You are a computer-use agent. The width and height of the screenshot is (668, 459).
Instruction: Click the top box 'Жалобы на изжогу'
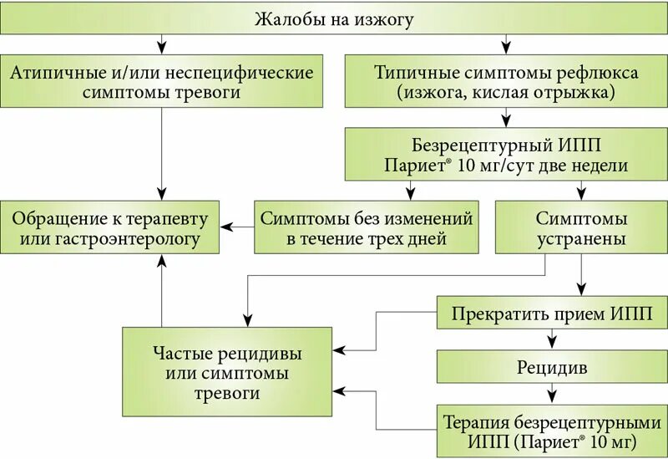click(x=334, y=18)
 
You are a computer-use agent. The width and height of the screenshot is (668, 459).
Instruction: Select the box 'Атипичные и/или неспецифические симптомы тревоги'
click(x=162, y=82)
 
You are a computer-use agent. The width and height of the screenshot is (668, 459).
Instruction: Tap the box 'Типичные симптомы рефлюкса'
click(x=506, y=82)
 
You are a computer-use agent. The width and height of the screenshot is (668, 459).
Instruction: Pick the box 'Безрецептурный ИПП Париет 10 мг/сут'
click(x=506, y=154)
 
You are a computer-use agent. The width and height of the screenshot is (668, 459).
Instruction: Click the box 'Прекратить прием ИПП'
click(x=552, y=315)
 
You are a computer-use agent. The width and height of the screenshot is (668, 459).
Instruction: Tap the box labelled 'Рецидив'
click(x=552, y=366)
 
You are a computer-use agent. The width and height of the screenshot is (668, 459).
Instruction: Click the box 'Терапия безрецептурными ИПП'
click(x=552, y=430)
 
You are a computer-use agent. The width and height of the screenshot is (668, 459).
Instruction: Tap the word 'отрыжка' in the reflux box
click(x=575, y=93)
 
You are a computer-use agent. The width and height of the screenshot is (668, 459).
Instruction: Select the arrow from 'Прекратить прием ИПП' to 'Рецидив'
click(x=551, y=339)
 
